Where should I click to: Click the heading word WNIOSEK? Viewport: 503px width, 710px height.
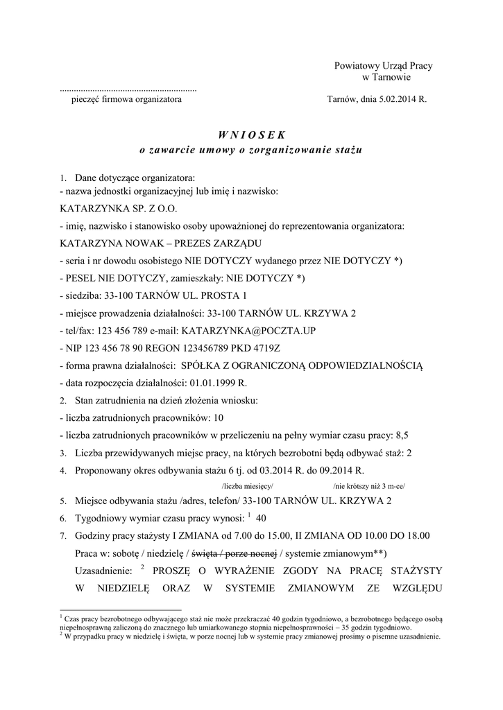(x=251, y=134)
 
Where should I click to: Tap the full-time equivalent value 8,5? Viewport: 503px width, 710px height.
(x=402, y=435)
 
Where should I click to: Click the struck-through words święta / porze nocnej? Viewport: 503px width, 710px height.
(x=234, y=553)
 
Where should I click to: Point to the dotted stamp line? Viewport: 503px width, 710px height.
(x=128, y=90)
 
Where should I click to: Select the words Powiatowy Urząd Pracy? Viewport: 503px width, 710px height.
(x=383, y=66)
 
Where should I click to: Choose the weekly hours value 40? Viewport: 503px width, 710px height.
(x=262, y=518)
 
